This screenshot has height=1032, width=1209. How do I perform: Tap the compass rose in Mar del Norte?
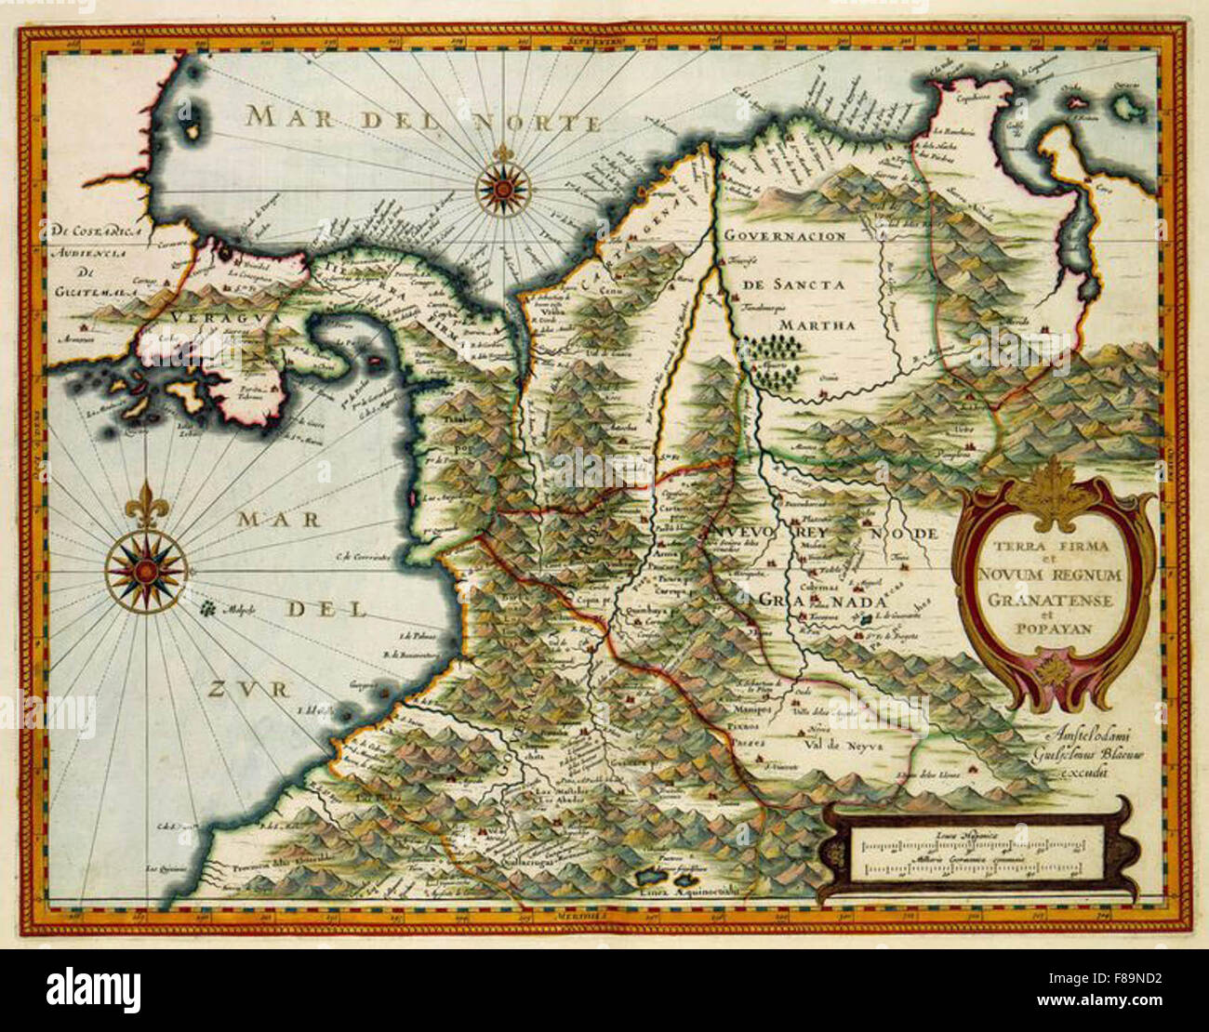(502, 189)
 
